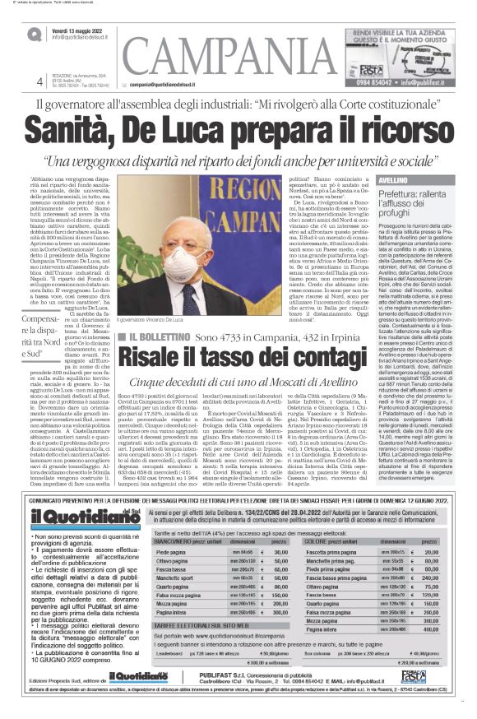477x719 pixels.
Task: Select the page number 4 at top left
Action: coord(39,81)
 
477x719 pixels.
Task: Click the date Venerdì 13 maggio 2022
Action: coord(81,29)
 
